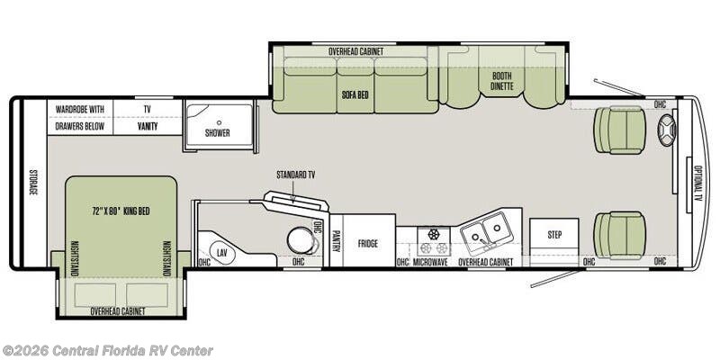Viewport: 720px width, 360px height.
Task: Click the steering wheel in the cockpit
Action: point(667,130)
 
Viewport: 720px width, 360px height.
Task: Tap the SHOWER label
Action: point(218,133)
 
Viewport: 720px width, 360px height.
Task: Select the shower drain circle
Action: point(219,122)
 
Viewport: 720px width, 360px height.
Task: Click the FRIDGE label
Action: point(368,244)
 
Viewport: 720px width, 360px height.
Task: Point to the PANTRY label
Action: point(337,241)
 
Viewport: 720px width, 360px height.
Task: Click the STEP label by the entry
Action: point(554,235)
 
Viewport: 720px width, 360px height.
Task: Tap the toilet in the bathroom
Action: point(302,239)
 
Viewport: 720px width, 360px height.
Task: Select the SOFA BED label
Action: point(355,95)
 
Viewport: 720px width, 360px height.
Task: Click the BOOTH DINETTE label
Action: point(502,81)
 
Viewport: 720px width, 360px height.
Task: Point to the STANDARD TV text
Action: point(296,175)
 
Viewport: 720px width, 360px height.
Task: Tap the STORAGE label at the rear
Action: point(33,183)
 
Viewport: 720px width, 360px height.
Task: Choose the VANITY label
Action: point(148,126)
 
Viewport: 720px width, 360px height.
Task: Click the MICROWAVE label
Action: point(431,262)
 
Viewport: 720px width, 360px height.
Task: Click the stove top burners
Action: point(434,241)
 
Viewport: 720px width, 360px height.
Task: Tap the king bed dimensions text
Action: point(121,211)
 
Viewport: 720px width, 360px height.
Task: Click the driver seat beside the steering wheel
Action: point(620,130)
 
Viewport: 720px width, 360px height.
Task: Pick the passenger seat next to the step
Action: point(620,235)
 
